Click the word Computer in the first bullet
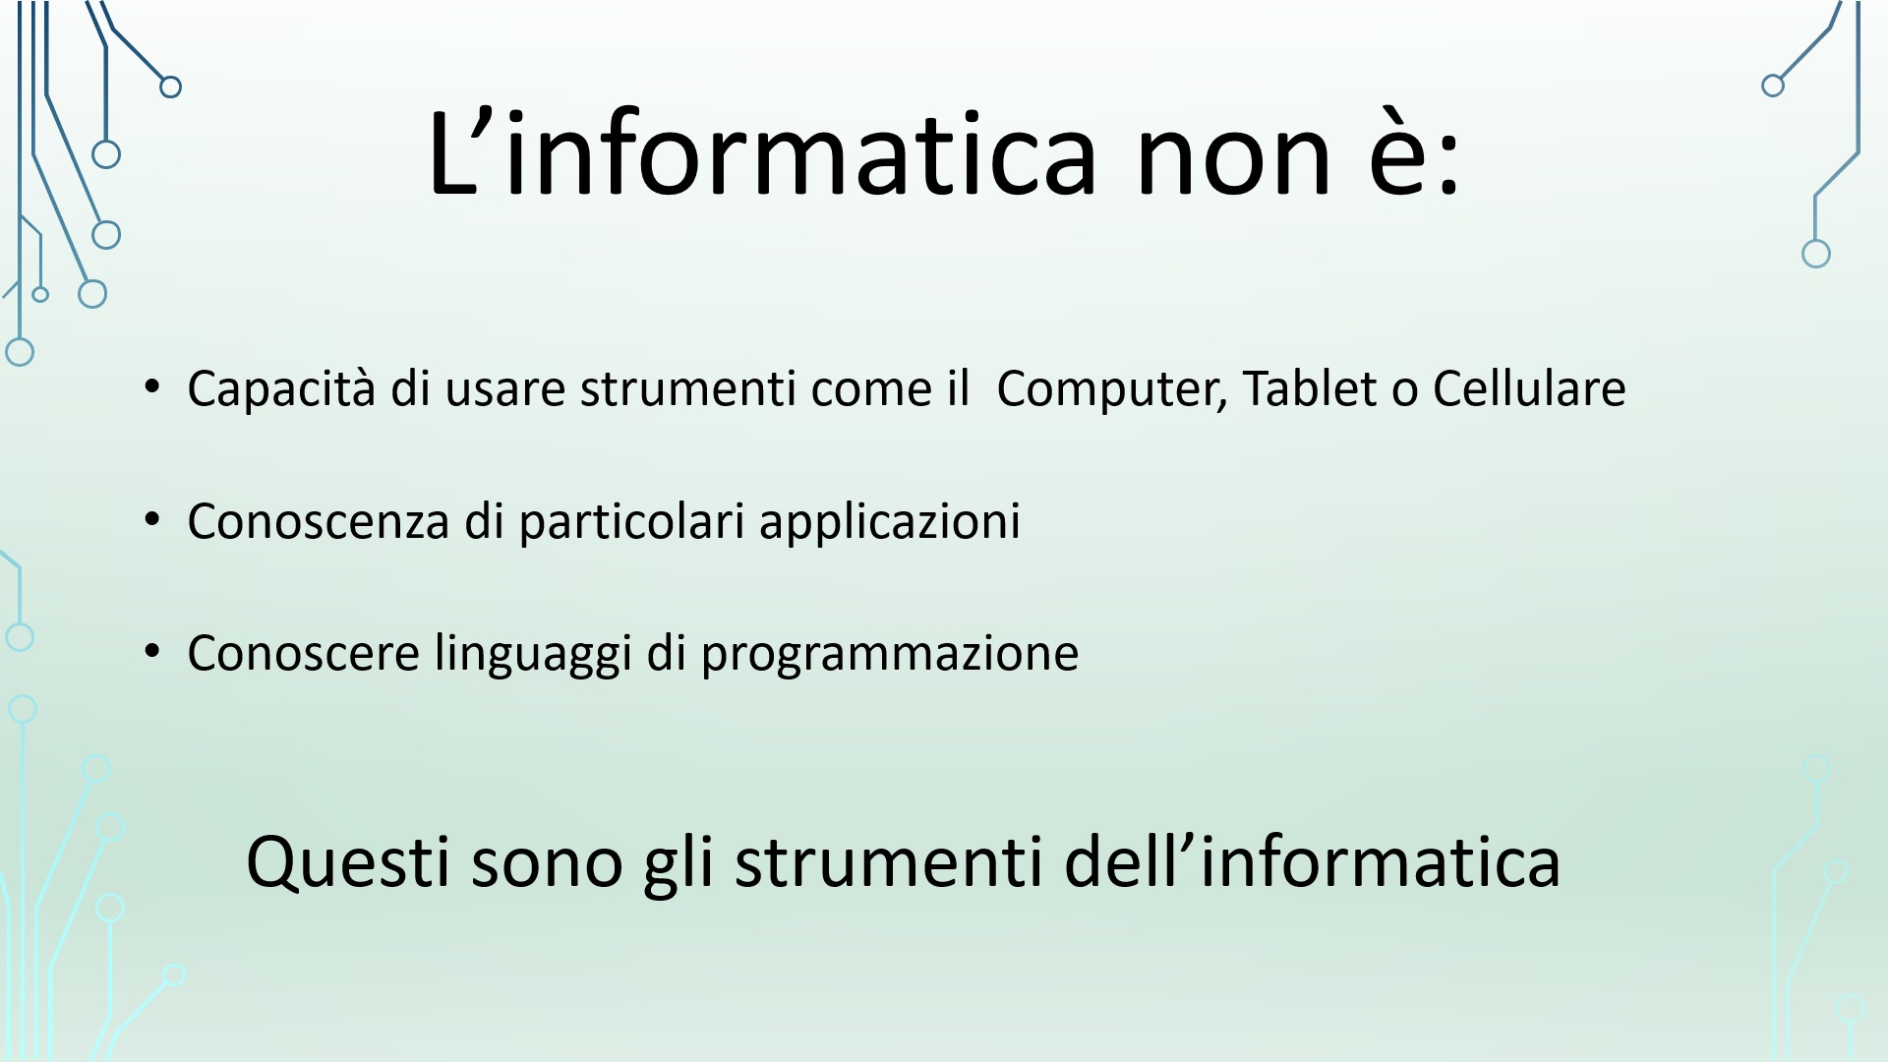(x=1112, y=389)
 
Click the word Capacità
(x=281, y=389)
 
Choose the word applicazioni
(x=890, y=521)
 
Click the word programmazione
(x=889, y=654)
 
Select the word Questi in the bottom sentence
(x=348, y=862)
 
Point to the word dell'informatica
(x=1313, y=860)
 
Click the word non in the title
(x=1233, y=155)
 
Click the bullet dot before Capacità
(x=151, y=384)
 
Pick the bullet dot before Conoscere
(x=151, y=650)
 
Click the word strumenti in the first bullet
(x=687, y=388)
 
